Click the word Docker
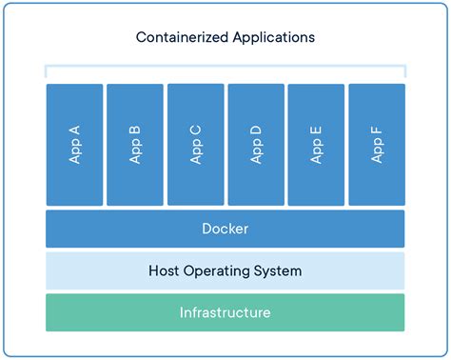tap(225, 229)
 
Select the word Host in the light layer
tap(165, 271)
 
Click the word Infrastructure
tap(225, 312)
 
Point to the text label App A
tap(74, 144)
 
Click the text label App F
tap(377, 144)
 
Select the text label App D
tap(256, 144)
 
